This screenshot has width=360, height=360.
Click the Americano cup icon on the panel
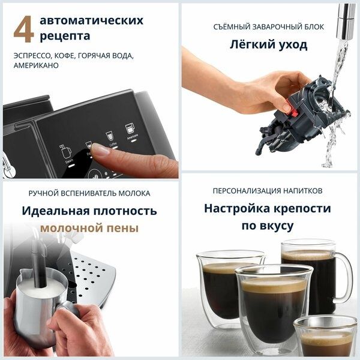point(130,129)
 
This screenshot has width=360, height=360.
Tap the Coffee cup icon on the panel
point(109,136)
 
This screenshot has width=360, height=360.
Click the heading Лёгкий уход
point(268,44)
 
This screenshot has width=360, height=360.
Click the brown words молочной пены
point(89,229)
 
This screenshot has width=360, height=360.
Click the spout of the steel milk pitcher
point(24,275)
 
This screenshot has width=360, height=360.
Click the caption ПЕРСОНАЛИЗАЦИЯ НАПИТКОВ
point(268,191)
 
